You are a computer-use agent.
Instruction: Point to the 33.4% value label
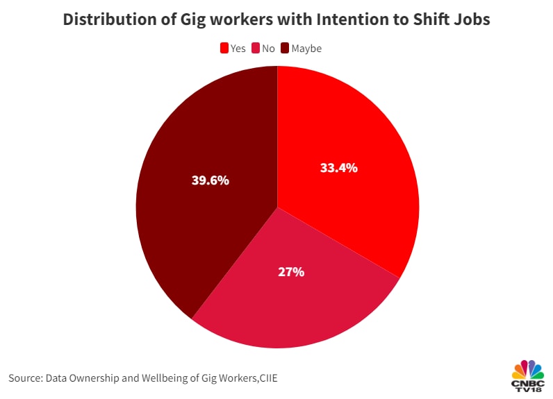click(x=338, y=168)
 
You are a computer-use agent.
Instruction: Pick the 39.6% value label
click(x=210, y=180)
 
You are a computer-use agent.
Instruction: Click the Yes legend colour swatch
click(x=224, y=49)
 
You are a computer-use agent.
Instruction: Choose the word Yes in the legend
click(x=238, y=49)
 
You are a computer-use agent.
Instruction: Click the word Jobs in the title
click(x=470, y=19)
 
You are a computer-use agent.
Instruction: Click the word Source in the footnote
click(x=25, y=377)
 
